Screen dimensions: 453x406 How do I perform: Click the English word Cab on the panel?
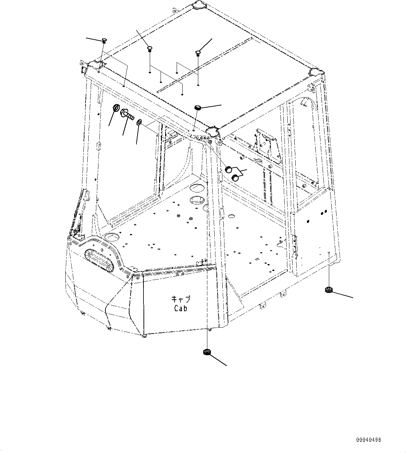click(180, 308)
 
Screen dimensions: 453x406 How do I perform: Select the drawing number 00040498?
click(369, 440)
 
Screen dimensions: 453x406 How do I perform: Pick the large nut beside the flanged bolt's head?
click(116, 108)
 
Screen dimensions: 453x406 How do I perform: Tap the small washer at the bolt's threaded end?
click(139, 122)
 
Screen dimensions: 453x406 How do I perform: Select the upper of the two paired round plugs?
click(229, 170)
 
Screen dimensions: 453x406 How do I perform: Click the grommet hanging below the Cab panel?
click(207, 352)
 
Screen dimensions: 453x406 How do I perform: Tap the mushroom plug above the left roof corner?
click(104, 41)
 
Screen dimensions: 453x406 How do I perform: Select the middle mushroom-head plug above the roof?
click(150, 48)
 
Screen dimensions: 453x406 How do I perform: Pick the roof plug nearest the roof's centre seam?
click(198, 53)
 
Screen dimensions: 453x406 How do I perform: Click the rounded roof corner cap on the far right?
click(317, 72)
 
